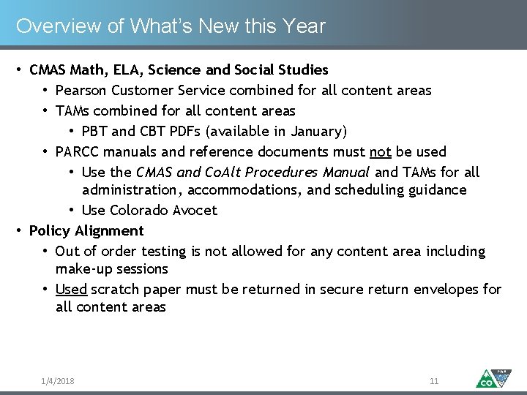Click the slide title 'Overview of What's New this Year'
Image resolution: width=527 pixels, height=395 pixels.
[x=171, y=26]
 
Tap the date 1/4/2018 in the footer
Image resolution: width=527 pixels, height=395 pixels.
[x=58, y=381]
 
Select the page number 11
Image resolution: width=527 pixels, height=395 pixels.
[x=434, y=381]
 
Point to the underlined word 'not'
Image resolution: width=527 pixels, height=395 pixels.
[x=381, y=152]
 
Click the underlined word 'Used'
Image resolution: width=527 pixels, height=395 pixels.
[x=71, y=290]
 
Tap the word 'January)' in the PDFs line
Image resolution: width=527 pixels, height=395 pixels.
[x=320, y=132]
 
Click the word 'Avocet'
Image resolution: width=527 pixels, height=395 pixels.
[x=195, y=211]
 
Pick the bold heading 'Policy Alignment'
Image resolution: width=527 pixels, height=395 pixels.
[x=86, y=231]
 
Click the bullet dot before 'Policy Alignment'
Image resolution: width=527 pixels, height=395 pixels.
[x=19, y=231]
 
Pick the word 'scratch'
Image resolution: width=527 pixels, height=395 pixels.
[x=115, y=290]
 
